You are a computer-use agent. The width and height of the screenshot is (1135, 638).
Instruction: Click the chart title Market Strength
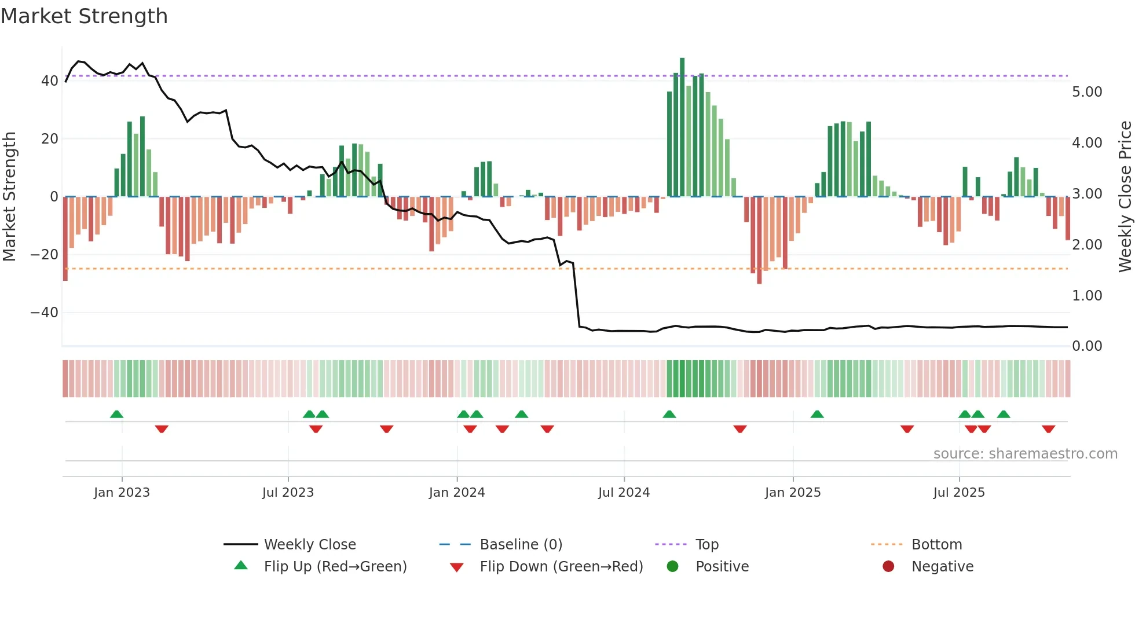tap(84, 16)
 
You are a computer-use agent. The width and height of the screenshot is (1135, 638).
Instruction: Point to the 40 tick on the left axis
tap(50, 81)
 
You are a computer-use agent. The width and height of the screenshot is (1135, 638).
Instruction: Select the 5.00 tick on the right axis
tap(1087, 92)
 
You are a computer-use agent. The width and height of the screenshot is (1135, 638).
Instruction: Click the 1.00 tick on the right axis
tap(1087, 296)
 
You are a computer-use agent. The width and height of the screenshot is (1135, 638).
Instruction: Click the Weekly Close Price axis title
tap(1125, 196)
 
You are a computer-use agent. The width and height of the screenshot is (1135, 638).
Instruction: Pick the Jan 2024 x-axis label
tap(457, 493)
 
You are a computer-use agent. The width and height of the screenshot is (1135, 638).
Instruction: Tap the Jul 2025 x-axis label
tap(959, 493)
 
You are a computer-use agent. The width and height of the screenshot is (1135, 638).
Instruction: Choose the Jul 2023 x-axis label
tap(288, 493)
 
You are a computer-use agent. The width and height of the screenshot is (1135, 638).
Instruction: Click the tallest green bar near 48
tap(682, 127)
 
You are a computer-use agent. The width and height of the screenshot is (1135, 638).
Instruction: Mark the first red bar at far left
tap(65, 239)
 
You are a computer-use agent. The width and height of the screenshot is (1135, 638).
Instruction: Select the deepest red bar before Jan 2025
tap(759, 240)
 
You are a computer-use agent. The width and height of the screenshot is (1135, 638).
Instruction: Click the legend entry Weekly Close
tap(310, 545)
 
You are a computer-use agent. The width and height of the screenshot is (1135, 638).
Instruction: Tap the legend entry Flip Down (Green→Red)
tap(561, 567)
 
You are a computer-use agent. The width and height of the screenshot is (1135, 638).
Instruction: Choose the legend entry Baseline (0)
tap(521, 545)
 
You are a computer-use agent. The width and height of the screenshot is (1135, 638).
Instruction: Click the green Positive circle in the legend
tap(672, 567)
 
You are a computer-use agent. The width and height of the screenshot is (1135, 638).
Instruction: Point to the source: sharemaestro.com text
tap(1025, 454)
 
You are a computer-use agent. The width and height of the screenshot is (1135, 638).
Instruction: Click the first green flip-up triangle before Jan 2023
tap(116, 415)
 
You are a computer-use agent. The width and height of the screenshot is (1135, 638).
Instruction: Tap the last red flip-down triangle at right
tap(1048, 429)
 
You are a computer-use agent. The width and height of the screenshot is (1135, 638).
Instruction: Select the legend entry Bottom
tap(936, 545)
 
